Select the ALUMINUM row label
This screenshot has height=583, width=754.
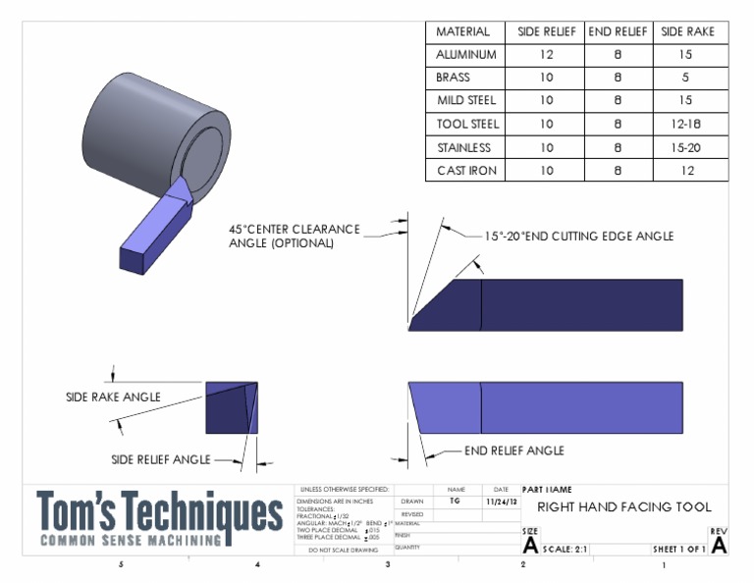tap(465, 55)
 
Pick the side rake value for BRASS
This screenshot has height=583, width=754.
tap(687, 78)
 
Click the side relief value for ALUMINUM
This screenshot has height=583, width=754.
tap(547, 55)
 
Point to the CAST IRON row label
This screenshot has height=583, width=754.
tap(465, 171)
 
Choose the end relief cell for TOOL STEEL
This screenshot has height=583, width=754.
tap(618, 125)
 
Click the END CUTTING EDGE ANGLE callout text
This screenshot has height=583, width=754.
tap(579, 237)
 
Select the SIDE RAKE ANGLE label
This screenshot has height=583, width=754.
tap(113, 397)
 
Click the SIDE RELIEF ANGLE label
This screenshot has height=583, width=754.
tap(160, 459)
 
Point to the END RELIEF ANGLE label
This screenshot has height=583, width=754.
tap(513, 450)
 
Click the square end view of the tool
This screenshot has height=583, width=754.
tap(232, 407)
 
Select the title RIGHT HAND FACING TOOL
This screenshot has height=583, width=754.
tap(623, 507)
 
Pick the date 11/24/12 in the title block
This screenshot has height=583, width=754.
tap(501, 501)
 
